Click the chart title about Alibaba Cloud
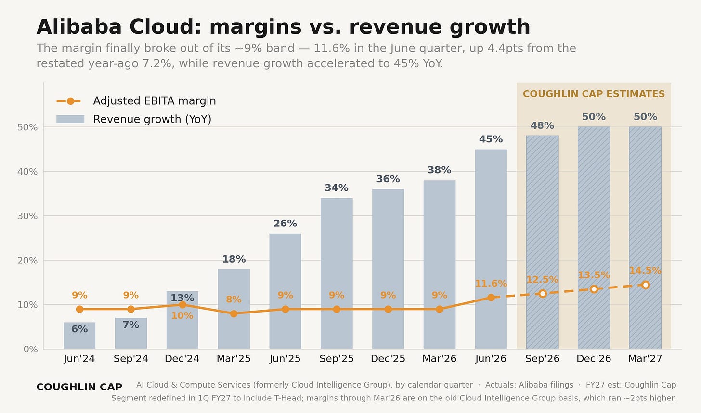pos(283,27)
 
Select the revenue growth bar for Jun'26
pos(491,249)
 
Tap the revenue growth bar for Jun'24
pos(79,336)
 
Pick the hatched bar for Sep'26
pos(542,242)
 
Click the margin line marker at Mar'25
pos(234,313)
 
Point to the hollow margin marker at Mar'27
pos(645,285)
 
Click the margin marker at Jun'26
pos(491,298)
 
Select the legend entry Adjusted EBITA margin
pos(136,101)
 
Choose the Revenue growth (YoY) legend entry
pos(134,119)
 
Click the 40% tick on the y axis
pos(27,172)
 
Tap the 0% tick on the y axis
pos(31,349)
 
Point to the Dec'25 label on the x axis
pos(388,358)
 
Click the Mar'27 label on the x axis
pos(645,358)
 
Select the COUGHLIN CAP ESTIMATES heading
pos(594,94)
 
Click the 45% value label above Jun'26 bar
pos(491,139)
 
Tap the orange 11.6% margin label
pos(491,284)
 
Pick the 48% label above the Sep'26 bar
pos(542,125)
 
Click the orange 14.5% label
pos(645,271)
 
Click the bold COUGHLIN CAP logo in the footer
pos(79,387)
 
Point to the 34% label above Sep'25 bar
pos(337,188)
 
